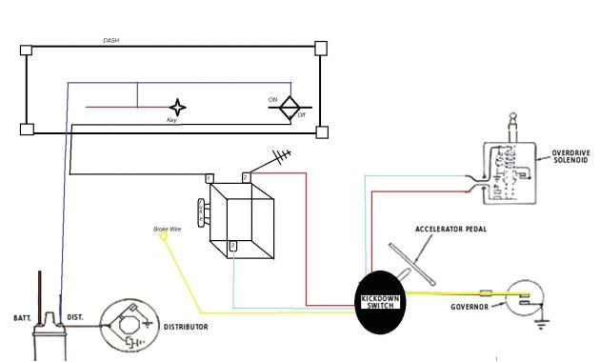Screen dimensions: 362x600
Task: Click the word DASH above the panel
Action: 111,41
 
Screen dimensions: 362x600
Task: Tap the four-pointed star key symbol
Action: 177,107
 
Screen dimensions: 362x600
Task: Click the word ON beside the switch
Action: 272,99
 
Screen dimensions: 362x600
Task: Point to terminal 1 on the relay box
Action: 210,178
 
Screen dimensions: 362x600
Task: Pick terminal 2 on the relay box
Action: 246,178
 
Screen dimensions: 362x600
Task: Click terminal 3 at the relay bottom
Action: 233,247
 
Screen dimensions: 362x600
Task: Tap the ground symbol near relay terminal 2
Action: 282,155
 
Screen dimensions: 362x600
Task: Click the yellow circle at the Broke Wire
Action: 164,237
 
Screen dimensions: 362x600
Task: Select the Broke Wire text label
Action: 168,229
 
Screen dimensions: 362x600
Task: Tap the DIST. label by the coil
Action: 75,316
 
